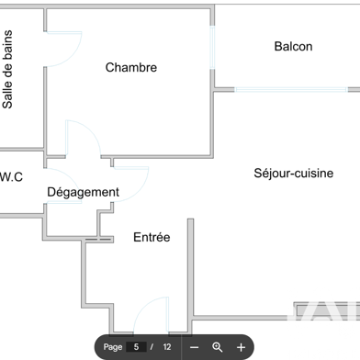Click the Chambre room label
click(x=130, y=67)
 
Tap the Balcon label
click(x=293, y=47)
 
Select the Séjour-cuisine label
click(x=293, y=173)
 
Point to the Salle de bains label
click(x=8, y=70)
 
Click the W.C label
click(x=11, y=175)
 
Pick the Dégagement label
click(x=83, y=192)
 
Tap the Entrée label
click(x=152, y=237)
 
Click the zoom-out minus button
click(x=194, y=347)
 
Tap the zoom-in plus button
click(x=241, y=347)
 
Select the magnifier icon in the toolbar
click(x=218, y=347)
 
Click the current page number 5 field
click(x=136, y=347)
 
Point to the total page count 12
click(x=167, y=347)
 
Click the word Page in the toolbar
click(x=113, y=347)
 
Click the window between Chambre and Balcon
click(x=214, y=46)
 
